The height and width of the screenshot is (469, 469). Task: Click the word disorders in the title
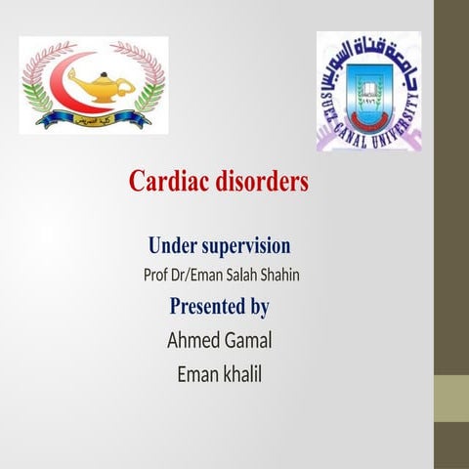[x=263, y=182]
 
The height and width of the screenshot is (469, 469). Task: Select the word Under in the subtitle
[x=171, y=245]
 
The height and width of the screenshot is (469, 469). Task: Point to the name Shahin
[x=277, y=275]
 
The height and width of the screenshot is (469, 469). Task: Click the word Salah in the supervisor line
[x=234, y=275]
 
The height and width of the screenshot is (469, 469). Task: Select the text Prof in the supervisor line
[x=156, y=275]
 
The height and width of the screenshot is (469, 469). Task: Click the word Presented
[x=206, y=307]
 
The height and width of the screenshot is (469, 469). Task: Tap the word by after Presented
[x=259, y=307]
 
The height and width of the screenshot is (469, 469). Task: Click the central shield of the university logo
[x=367, y=93]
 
